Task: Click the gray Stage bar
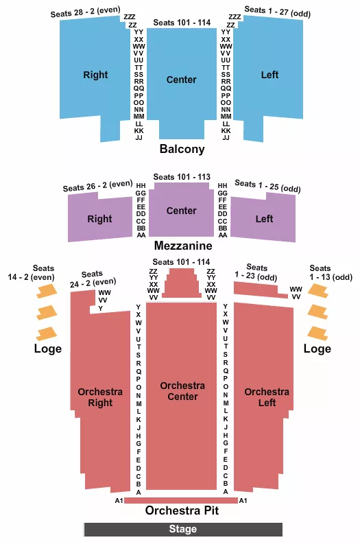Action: pyautogui.click(x=183, y=529)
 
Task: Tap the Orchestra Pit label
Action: pyautogui.click(x=182, y=511)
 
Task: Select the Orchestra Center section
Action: pyautogui.click(x=182, y=398)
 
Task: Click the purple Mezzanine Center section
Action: pyautogui.click(x=182, y=211)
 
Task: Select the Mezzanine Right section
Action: pyautogui.click(x=99, y=219)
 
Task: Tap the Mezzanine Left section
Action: pyautogui.click(x=264, y=219)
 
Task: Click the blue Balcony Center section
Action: pyautogui.click(x=182, y=80)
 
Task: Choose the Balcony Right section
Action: pyautogui.click(x=95, y=75)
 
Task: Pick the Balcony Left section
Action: pyautogui.click(x=269, y=75)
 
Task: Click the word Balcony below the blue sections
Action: pyautogui.click(x=182, y=149)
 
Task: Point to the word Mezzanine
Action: pyautogui.click(x=182, y=245)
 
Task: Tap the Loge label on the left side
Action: pyautogui.click(x=48, y=349)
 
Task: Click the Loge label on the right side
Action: pyautogui.click(x=317, y=349)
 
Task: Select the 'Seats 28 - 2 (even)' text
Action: pyautogui.click(x=85, y=12)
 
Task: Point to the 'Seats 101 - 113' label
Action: pyautogui.click(x=182, y=176)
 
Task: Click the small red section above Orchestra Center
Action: pyautogui.click(x=182, y=283)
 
